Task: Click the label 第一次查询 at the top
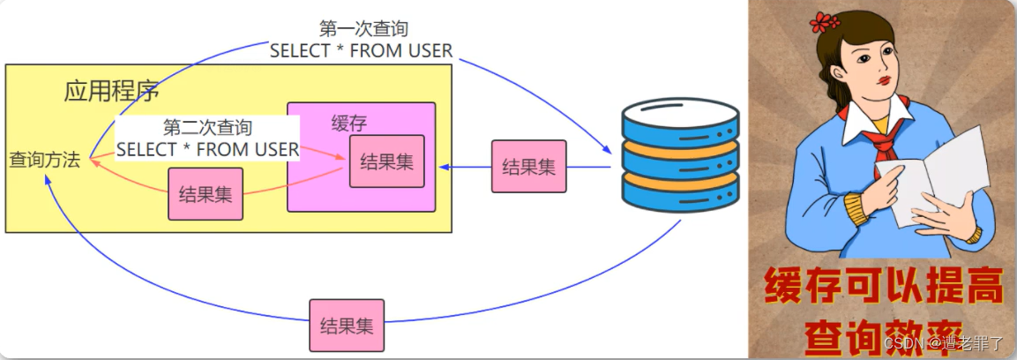tap(360, 29)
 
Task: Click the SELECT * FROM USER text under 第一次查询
tap(361, 51)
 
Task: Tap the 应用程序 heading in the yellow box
tap(111, 92)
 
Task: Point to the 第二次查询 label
tap(207, 129)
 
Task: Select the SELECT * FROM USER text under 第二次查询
tap(207, 150)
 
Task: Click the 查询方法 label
tap(44, 161)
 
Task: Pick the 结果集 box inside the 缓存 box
tap(386, 161)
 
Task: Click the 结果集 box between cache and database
tap(528, 167)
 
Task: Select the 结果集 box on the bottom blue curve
tap(347, 325)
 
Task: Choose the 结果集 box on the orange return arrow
tap(206, 194)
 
